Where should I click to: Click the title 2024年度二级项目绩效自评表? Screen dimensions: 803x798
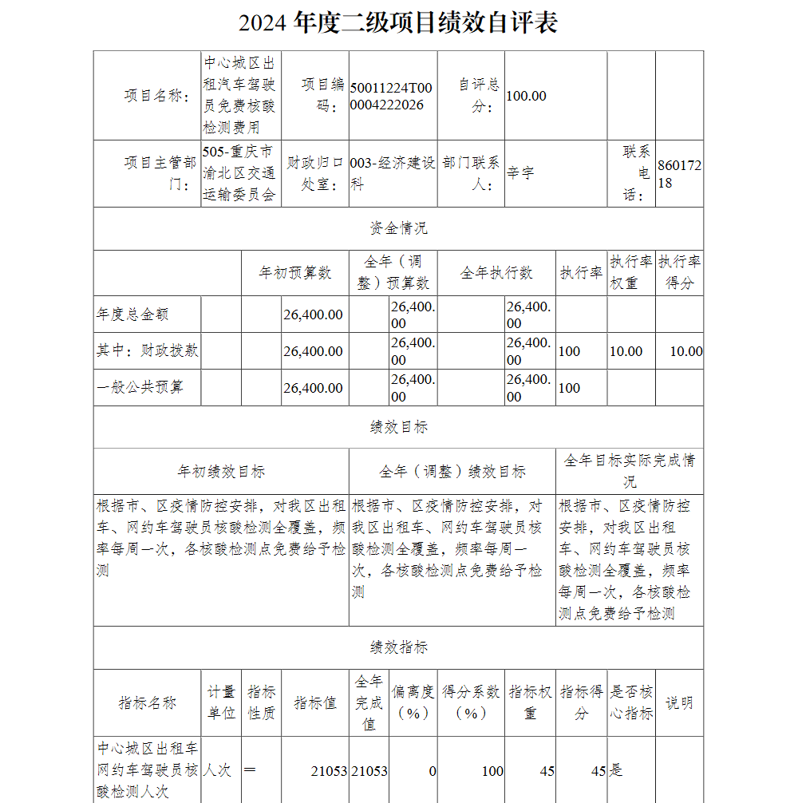pyautogui.click(x=397, y=23)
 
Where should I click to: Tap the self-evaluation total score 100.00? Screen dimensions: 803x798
pyautogui.click(x=527, y=96)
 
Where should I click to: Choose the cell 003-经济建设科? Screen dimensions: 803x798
pyautogui.click(x=393, y=173)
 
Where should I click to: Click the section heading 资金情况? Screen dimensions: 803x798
pyautogui.click(x=398, y=228)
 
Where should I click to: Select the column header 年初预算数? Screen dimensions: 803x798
pyautogui.click(x=294, y=273)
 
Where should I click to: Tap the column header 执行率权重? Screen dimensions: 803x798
pyautogui.click(x=631, y=272)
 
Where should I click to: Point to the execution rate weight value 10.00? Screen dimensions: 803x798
pyautogui.click(x=626, y=351)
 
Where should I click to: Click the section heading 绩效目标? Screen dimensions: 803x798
pyautogui.click(x=398, y=427)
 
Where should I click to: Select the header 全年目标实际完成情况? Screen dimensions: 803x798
pyautogui.click(x=630, y=471)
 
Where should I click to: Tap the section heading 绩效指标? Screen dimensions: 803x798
pyautogui.click(x=398, y=647)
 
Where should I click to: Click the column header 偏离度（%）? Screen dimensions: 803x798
pyautogui.click(x=413, y=702)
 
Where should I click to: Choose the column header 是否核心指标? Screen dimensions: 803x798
pyautogui.click(x=631, y=702)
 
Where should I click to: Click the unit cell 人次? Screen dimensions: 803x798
pyautogui.click(x=217, y=770)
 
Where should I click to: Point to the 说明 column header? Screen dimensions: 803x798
pyautogui.click(x=679, y=702)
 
